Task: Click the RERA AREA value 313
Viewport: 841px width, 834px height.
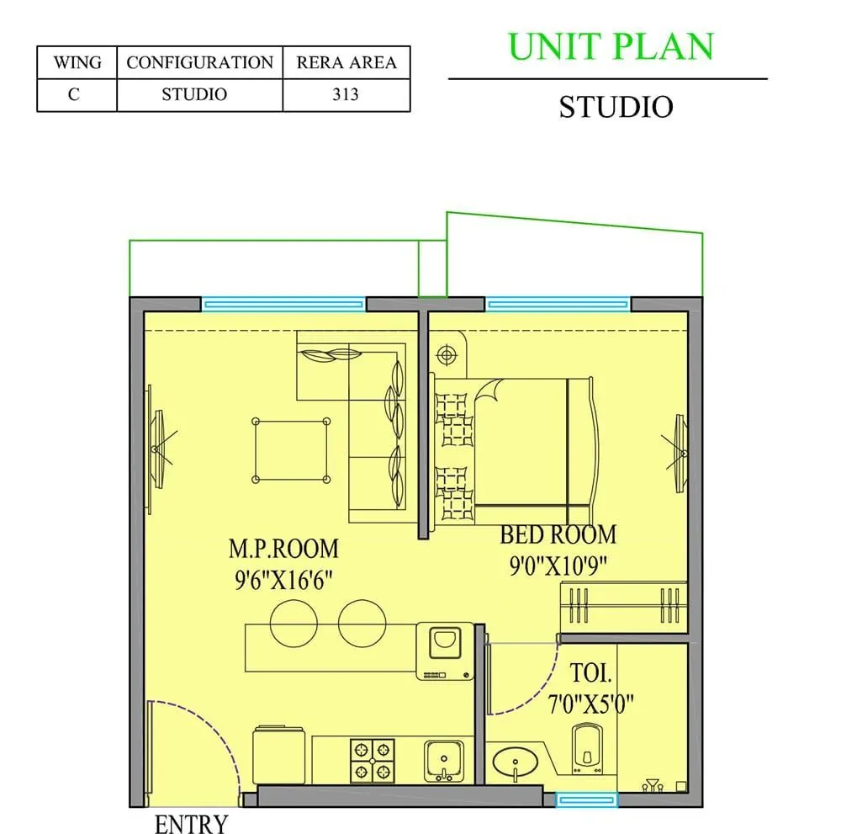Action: point(346,94)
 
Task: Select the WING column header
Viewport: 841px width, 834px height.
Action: point(77,63)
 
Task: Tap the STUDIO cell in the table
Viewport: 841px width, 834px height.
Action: point(194,94)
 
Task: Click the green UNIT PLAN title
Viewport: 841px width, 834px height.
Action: point(611,46)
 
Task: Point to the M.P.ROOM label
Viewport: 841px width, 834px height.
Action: point(283,549)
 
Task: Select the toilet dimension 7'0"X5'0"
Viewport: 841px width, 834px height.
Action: point(602,702)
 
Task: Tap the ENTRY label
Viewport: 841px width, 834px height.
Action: point(191,823)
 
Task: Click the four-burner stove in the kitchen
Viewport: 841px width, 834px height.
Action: point(372,761)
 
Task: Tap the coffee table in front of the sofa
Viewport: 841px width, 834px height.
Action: point(291,451)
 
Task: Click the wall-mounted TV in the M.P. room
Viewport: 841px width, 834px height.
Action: point(152,450)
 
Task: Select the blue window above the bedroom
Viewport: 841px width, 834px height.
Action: point(558,304)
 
